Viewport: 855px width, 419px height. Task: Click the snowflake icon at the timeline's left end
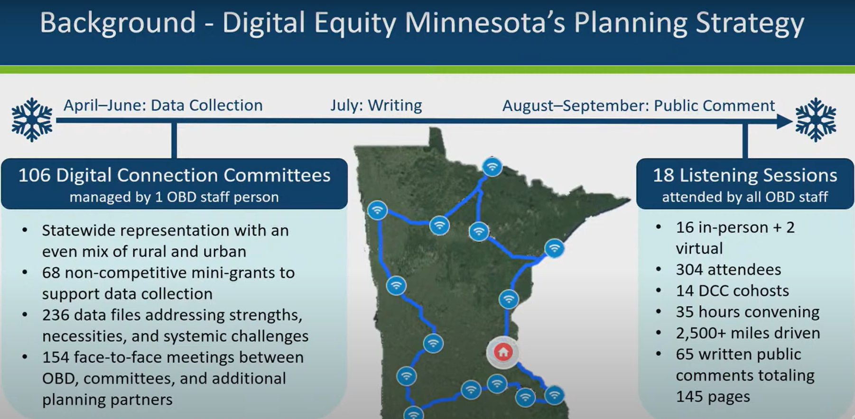(32, 120)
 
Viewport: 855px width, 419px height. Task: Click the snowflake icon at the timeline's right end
(816, 120)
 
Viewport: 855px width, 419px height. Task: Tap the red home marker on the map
(503, 352)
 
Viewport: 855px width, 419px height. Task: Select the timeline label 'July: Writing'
(376, 105)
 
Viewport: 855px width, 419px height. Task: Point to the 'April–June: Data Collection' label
(163, 105)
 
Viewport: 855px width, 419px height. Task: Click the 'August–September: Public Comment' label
(639, 106)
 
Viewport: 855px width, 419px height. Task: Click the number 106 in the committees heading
(34, 175)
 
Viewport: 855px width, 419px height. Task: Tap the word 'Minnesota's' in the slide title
(484, 23)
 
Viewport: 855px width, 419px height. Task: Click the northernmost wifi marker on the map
(492, 167)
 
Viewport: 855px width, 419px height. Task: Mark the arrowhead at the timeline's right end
(784, 121)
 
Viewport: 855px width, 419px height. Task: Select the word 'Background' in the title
(118, 23)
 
